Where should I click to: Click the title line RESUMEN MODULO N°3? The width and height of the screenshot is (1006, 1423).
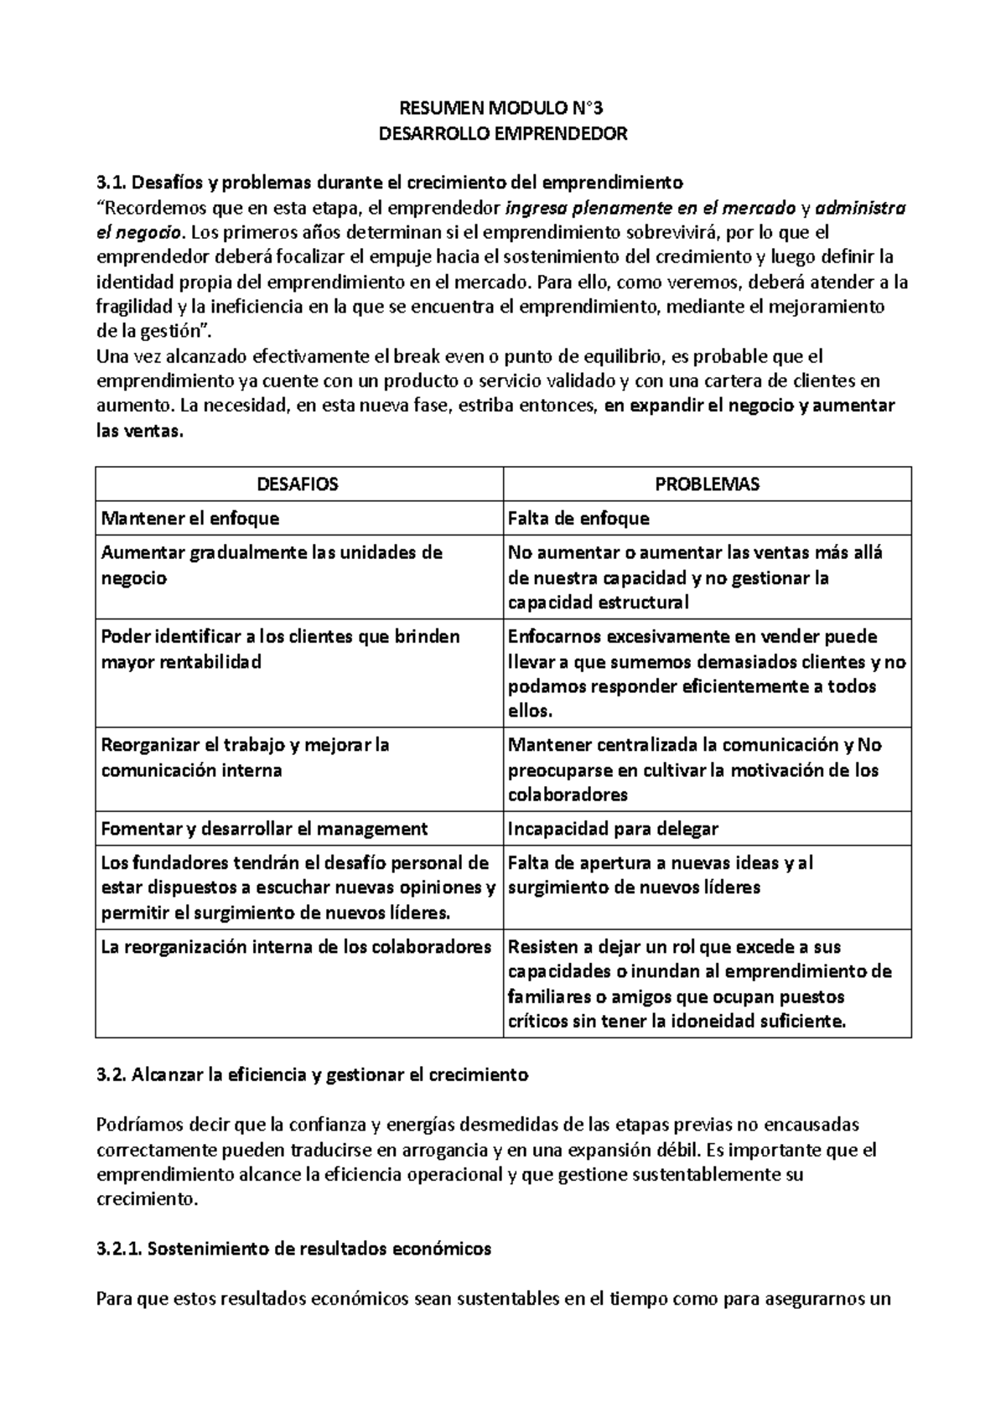click(x=503, y=108)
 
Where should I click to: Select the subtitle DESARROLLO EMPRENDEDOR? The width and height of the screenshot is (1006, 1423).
click(x=503, y=133)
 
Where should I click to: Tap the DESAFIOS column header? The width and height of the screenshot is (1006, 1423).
click(x=298, y=484)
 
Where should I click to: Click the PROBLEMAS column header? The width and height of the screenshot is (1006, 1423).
click(x=707, y=484)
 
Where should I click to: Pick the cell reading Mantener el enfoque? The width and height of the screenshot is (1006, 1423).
click(x=190, y=519)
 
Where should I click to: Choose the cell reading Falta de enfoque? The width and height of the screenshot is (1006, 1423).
click(x=578, y=519)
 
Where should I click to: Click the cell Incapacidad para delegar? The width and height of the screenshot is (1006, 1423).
click(x=613, y=829)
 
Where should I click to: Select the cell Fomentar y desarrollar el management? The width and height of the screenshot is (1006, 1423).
click(x=264, y=829)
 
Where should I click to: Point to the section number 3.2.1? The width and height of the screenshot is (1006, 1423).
click(x=120, y=1249)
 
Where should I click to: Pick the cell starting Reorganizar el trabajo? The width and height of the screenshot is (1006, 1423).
click(x=245, y=757)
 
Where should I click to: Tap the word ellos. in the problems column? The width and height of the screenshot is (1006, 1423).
click(x=530, y=711)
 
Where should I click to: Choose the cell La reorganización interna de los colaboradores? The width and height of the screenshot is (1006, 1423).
click(x=296, y=947)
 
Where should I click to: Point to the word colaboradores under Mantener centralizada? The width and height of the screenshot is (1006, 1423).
click(x=568, y=794)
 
